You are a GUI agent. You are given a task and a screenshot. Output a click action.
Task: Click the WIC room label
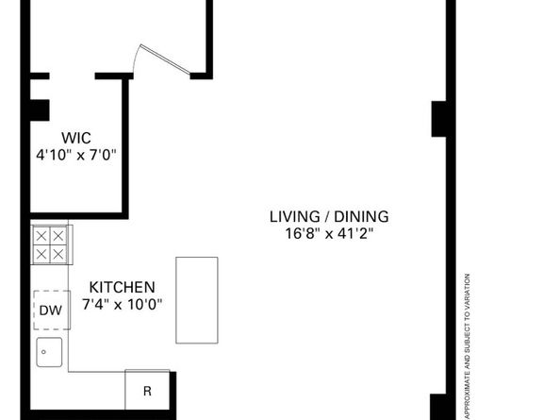(x=76, y=138)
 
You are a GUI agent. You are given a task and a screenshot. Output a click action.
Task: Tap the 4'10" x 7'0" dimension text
(x=76, y=155)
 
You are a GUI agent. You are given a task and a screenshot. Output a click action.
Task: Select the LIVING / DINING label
(x=329, y=217)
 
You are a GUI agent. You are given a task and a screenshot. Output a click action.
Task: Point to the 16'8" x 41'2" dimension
(x=329, y=234)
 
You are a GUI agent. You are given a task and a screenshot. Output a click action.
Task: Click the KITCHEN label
(x=123, y=287)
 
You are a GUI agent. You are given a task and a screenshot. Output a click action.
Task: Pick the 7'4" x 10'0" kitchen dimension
(x=123, y=305)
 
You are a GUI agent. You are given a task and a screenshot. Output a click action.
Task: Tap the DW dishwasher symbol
(x=52, y=311)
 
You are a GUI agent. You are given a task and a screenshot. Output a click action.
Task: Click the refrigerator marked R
(x=147, y=390)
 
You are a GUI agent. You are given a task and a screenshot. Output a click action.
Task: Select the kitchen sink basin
(x=49, y=352)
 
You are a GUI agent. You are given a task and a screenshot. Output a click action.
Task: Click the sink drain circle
(x=43, y=352)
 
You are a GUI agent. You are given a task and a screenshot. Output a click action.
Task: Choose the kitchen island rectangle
(x=197, y=300)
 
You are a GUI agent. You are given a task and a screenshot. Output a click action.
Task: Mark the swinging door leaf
(x=165, y=59)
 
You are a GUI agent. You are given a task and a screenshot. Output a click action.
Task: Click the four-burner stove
(x=52, y=244)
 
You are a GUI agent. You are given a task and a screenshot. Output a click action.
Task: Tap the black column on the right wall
(x=439, y=119)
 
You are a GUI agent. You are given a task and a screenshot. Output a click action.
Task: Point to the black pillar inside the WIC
(x=40, y=110)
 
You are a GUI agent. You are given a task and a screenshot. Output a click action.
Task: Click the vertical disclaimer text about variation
(x=468, y=346)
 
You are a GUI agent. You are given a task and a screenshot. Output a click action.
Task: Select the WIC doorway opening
(x=72, y=76)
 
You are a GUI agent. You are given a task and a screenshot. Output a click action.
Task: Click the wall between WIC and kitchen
(x=79, y=215)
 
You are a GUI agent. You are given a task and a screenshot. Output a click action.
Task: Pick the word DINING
(x=361, y=217)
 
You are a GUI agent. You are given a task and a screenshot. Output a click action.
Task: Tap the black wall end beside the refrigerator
(x=173, y=394)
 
